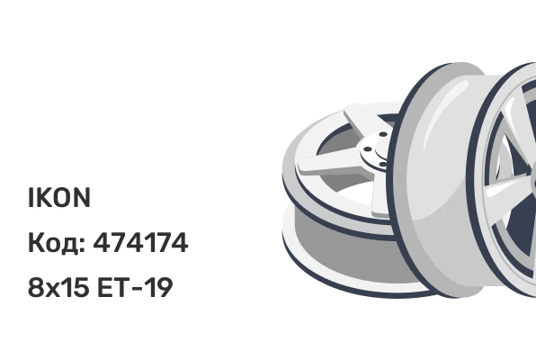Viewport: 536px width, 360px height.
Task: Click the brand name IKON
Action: point(59,197)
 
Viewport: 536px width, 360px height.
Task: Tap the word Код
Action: point(54,243)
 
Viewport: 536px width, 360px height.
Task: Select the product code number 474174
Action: point(140,242)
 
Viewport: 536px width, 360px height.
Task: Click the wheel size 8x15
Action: point(58,287)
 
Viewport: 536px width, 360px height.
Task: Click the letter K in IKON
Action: point(42,197)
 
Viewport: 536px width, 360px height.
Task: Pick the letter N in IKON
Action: point(82,197)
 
